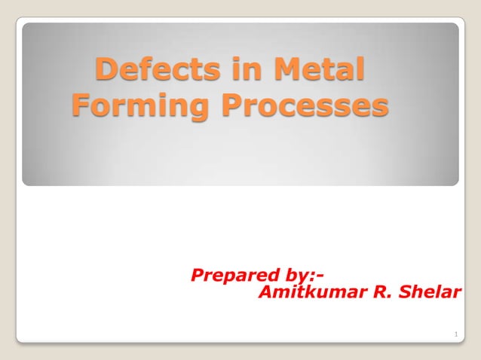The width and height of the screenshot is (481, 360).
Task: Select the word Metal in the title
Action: (320, 70)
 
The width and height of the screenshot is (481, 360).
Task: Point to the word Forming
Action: (142, 105)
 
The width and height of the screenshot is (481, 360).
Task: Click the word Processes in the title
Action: (305, 105)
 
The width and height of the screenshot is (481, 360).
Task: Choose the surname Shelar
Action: (432, 292)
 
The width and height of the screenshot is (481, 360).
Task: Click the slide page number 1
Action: (456, 334)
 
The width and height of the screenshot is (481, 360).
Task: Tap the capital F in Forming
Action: (80, 105)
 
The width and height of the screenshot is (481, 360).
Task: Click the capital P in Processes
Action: (233, 105)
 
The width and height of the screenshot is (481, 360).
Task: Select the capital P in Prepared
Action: (198, 275)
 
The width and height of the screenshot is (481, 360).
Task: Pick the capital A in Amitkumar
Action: (265, 292)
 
